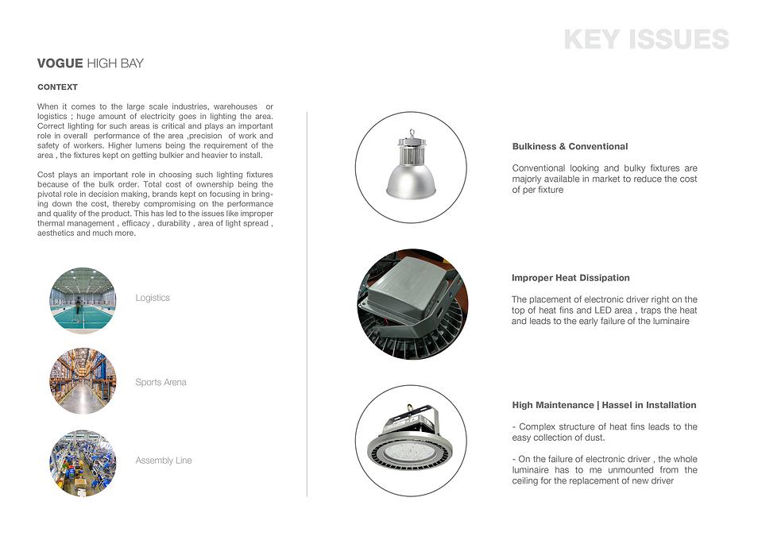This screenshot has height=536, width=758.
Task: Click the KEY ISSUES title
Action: pyautogui.click(x=646, y=40)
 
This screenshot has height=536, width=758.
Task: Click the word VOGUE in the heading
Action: pyautogui.click(x=60, y=64)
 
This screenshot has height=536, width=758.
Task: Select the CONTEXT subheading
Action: pyautogui.click(x=57, y=87)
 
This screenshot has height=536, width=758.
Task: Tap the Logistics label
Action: pyautogui.click(x=153, y=298)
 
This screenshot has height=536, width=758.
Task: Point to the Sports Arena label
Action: pyautogui.click(x=160, y=382)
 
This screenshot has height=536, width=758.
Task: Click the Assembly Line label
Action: pyautogui.click(x=164, y=461)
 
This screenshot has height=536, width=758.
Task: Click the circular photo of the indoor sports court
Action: pyautogui.click(x=83, y=299)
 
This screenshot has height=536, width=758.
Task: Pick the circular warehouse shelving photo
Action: pyautogui.click(x=83, y=381)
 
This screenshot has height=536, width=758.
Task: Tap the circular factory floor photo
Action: pyautogui.click(x=83, y=464)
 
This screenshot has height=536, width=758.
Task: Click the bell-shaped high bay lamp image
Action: pyautogui.click(x=411, y=168)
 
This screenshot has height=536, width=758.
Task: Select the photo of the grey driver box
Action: pyautogui.click(x=412, y=303)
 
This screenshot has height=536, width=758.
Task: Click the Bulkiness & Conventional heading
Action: pyautogui.click(x=570, y=147)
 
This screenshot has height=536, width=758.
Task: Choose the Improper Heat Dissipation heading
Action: pyautogui.click(x=570, y=278)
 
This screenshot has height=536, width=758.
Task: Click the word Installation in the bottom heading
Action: pyautogui.click(x=666, y=406)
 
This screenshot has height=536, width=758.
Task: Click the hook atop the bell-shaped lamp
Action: pyautogui.click(x=412, y=133)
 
